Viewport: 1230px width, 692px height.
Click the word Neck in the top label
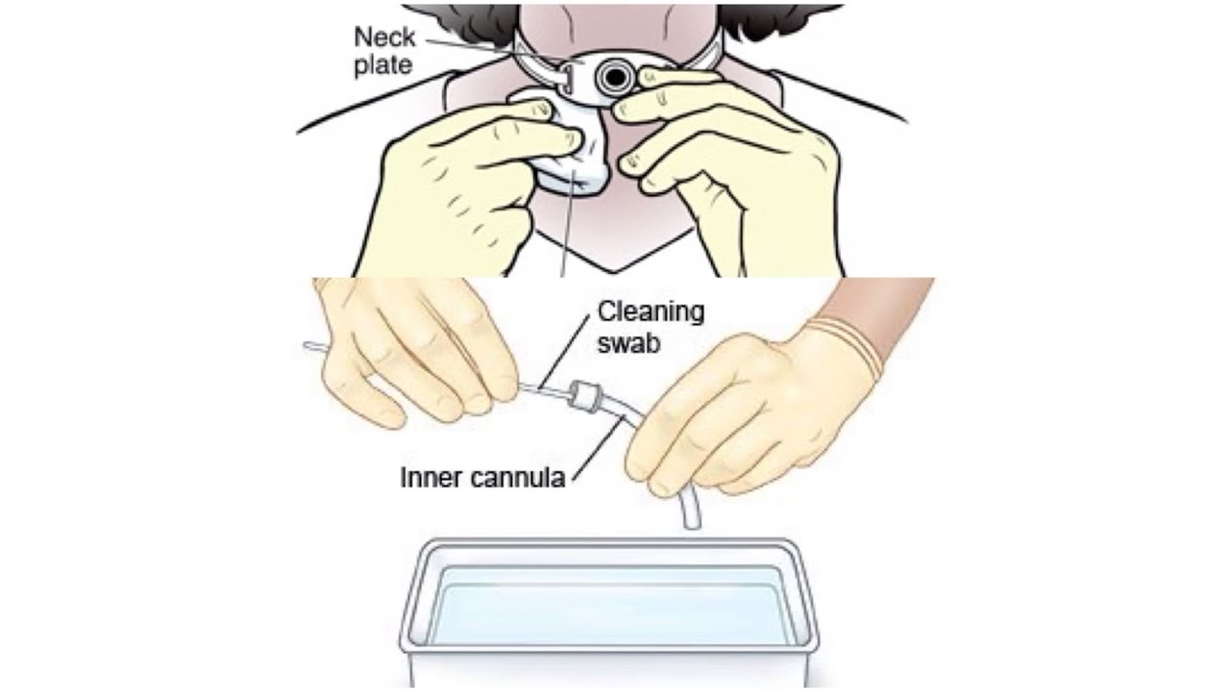(384, 37)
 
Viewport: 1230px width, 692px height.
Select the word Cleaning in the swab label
(651, 312)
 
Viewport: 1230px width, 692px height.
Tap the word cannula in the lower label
(517, 478)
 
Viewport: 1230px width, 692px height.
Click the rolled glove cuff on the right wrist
(859, 346)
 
